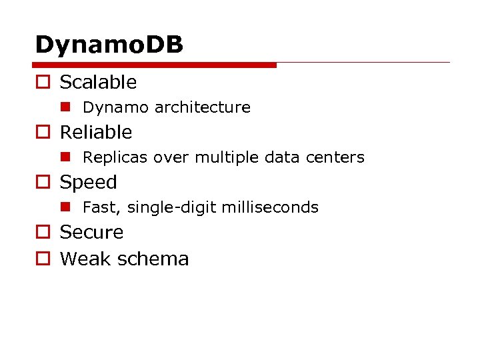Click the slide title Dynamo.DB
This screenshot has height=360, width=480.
109,45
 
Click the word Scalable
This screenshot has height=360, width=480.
98,82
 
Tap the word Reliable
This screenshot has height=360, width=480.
96,132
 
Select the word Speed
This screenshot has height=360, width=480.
88,182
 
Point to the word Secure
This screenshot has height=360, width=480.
91,232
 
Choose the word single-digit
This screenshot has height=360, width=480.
171,207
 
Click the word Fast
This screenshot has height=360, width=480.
99,207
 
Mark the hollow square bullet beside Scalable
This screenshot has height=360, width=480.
42,83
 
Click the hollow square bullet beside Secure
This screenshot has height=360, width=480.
42,233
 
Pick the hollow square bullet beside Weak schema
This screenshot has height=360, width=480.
42,259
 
